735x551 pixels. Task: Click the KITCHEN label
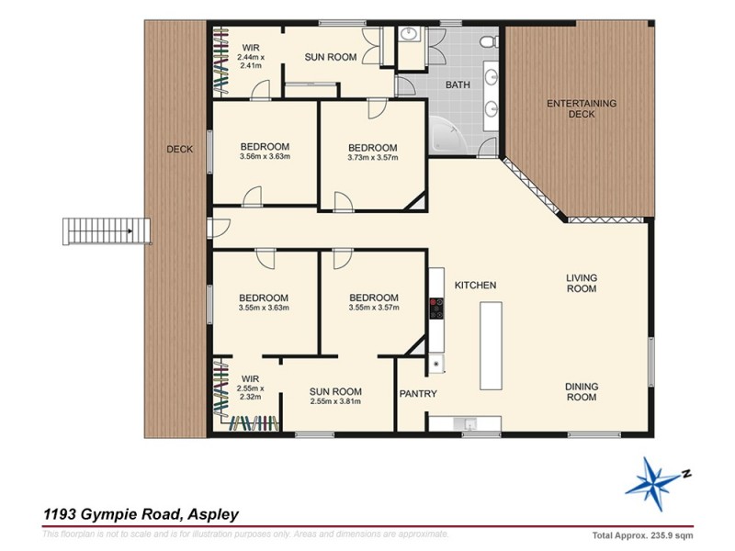[475, 286]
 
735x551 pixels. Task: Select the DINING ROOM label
[580, 392]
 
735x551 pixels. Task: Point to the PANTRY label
[418, 394]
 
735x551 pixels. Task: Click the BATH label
[457, 84]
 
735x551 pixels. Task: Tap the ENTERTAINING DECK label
[582, 108]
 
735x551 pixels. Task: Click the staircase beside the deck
[105, 230]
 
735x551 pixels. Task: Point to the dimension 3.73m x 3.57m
[372, 158]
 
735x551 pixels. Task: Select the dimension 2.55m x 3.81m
[335, 401]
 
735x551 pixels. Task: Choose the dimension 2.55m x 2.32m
[251, 393]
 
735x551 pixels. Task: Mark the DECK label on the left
[179, 149]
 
